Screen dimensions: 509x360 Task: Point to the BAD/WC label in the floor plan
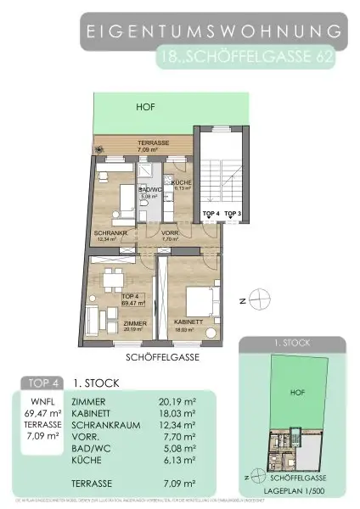coord(150,189)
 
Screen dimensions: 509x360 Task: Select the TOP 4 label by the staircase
coord(211,214)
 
